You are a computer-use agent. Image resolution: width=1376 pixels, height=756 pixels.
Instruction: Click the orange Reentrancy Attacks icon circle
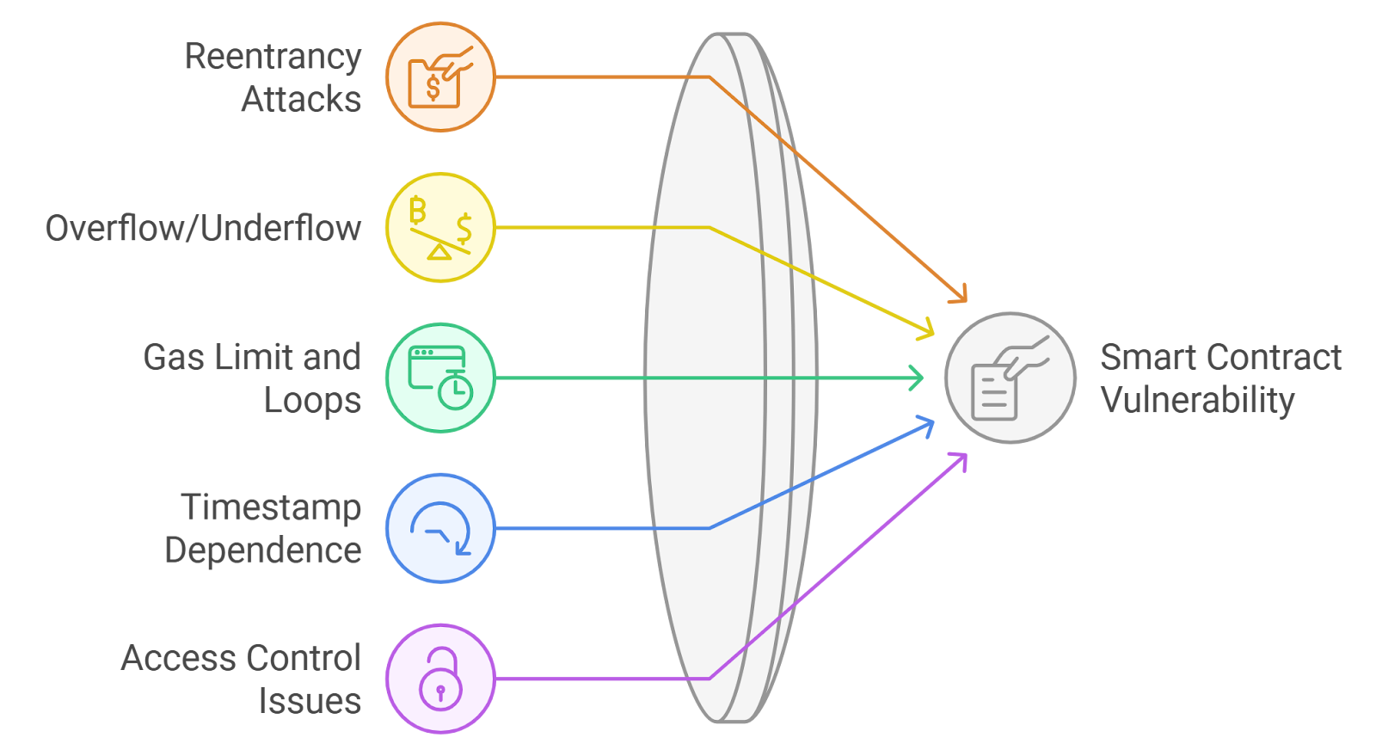(x=440, y=77)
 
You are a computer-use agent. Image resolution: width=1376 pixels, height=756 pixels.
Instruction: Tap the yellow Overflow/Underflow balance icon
(x=440, y=227)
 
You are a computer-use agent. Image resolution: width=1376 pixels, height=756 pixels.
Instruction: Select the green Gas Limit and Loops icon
(x=440, y=378)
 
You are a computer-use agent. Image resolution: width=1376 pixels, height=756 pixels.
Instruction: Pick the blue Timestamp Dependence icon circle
(x=440, y=528)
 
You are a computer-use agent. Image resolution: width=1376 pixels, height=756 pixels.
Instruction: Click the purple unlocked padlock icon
(x=440, y=679)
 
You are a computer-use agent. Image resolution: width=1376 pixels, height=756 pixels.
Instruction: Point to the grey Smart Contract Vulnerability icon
(x=1010, y=378)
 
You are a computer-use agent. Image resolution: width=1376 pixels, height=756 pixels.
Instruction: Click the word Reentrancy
(x=273, y=57)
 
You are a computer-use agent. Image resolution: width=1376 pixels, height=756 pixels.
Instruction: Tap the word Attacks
(x=301, y=100)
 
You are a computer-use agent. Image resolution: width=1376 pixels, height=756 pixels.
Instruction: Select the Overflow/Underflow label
(x=203, y=228)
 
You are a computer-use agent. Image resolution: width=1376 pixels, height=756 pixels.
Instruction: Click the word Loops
(x=312, y=401)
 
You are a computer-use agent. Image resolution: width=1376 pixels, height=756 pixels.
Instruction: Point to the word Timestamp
(x=271, y=507)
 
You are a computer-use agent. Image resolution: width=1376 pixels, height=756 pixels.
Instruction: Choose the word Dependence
(x=263, y=550)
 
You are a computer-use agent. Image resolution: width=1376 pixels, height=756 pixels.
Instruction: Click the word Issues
(x=310, y=701)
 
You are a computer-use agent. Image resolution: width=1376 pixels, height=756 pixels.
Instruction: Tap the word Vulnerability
(x=1197, y=401)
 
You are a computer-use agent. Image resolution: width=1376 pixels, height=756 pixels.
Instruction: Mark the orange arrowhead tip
(x=966, y=301)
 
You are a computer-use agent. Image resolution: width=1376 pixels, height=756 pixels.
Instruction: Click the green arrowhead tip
(x=923, y=378)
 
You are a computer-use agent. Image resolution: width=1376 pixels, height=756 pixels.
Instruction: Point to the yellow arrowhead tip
(x=933, y=333)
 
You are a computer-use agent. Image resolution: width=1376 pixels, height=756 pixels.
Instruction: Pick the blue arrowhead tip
(x=934, y=421)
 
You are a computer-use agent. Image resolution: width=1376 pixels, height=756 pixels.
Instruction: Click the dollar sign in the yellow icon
(x=464, y=229)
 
